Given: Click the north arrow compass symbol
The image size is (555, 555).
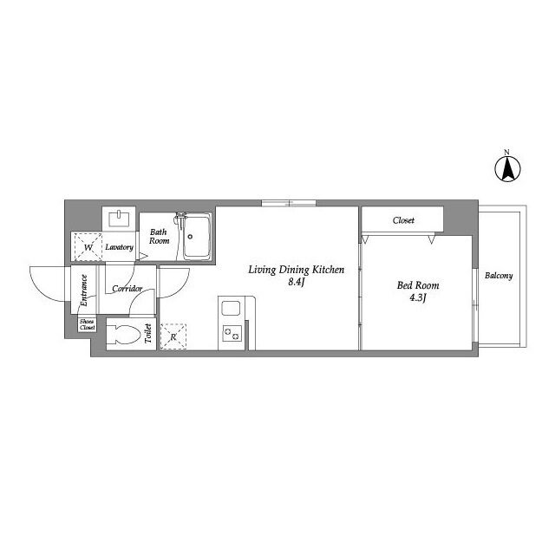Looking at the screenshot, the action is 507,169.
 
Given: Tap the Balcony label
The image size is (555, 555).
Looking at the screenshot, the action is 499,276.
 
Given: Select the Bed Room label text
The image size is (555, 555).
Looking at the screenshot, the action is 418,285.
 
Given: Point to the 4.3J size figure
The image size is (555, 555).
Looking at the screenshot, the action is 418,297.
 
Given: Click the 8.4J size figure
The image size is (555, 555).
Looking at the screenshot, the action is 297,282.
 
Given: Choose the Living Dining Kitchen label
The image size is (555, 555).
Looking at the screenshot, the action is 297,270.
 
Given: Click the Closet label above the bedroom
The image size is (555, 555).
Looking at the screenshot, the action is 403,220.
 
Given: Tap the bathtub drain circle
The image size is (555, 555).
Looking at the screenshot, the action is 190,237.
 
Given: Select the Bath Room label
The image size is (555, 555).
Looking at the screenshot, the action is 159,237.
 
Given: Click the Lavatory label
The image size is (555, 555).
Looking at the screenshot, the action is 120,247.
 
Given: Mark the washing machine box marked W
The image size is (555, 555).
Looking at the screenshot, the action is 88,246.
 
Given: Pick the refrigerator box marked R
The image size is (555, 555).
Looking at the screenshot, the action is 173,336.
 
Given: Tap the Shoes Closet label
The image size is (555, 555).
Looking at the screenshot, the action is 87,324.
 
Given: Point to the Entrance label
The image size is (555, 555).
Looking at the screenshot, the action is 84,291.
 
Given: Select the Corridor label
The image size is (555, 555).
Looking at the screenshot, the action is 127,289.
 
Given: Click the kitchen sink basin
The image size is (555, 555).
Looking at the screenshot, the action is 231,308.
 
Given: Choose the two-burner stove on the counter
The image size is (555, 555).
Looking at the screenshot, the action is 232,333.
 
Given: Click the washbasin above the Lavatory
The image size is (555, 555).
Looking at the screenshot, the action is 119,218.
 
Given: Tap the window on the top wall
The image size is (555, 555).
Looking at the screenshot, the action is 289,203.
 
